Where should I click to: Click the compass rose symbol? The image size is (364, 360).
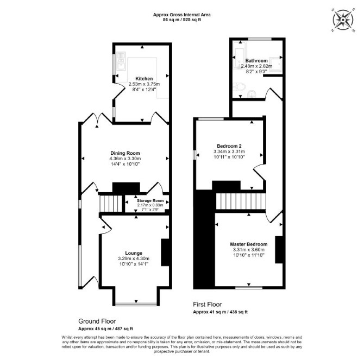coord(343,20)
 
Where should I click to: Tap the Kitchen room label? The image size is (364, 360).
coord(144,79)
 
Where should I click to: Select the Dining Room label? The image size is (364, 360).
coord(125,153)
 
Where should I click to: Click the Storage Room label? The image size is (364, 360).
coord(150,201)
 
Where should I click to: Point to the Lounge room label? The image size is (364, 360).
coord(134,253)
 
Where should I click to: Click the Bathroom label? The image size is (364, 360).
coord(256,60)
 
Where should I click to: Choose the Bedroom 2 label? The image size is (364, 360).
coord(229,146)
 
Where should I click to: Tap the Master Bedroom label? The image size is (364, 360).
coord(249,244)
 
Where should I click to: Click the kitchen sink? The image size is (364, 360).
coord(121,61)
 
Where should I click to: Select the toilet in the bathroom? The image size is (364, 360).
coord(240,87)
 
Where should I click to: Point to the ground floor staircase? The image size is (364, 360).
coord(111,204)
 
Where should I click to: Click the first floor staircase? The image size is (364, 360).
coord(241,201)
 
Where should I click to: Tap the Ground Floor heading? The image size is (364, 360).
coord(97,321)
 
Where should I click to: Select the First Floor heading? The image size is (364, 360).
coord(208,305)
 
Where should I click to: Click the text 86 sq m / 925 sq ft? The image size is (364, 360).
coord(182,20)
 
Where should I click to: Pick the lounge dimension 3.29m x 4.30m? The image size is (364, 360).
coord(134,258)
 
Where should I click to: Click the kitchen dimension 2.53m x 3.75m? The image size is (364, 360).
coord(144,84)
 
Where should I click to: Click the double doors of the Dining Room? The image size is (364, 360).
coord(98,118)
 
